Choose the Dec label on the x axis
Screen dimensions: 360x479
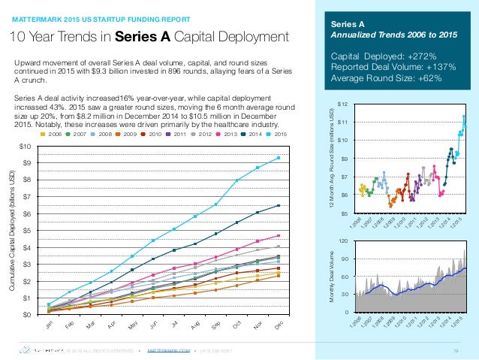279,325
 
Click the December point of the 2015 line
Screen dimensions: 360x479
279,158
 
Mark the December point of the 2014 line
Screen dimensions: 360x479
279,205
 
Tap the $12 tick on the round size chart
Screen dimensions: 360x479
342,103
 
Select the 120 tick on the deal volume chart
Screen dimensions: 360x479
342,241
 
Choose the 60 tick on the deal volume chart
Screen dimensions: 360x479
344,277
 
